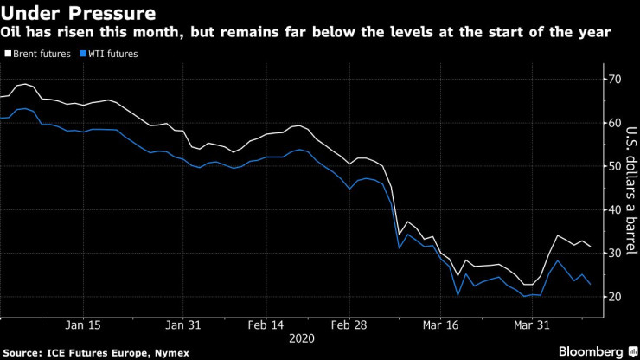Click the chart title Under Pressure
79,14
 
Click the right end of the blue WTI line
590,284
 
